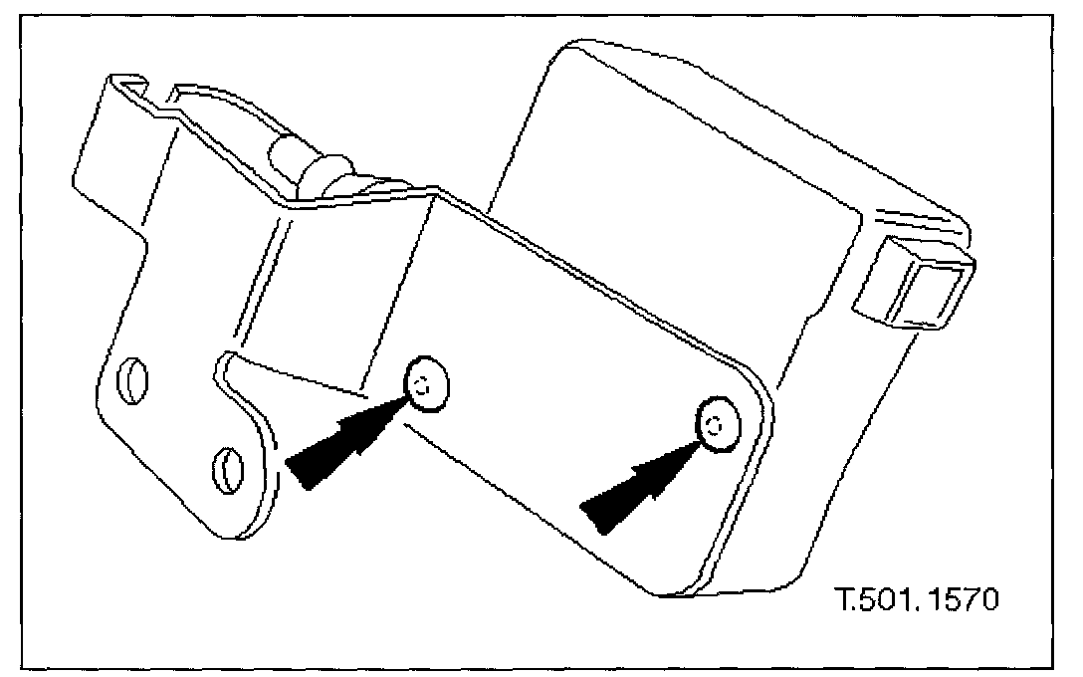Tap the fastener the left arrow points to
pyautogui.click(x=426, y=383)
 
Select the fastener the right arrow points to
pyautogui.click(x=717, y=425)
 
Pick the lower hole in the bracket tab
pyautogui.click(x=228, y=465)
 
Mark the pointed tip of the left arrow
pyautogui.click(x=407, y=395)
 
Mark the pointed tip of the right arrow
pyautogui.click(x=701, y=439)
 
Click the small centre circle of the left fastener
pyautogui.click(x=422, y=385)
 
